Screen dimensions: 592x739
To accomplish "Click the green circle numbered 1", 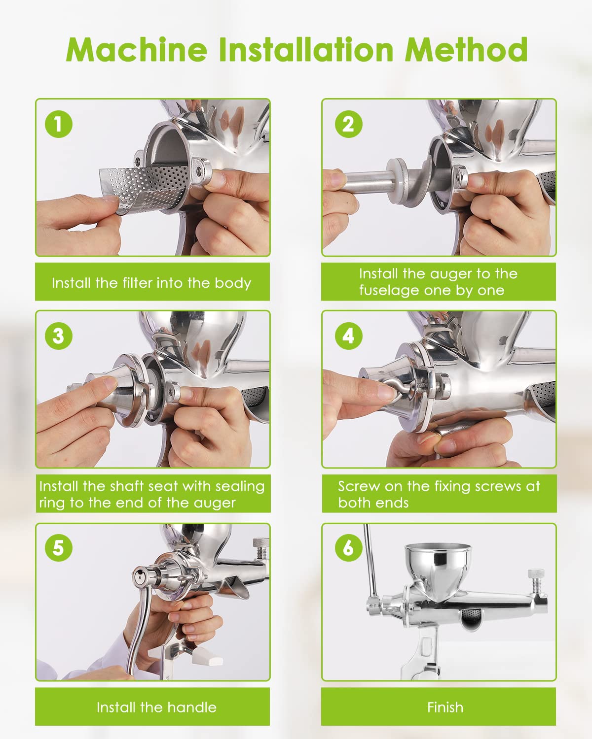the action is [59, 124].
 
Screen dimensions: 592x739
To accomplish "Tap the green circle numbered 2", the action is [348, 124].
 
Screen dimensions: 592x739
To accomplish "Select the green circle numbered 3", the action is [59, 336].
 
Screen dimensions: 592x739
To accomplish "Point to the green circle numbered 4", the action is [348, 336].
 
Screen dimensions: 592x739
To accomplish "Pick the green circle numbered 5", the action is [59, 547].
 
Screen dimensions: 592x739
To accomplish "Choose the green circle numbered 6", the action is [348, 547].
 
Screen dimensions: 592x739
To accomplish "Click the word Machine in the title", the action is [137, 50].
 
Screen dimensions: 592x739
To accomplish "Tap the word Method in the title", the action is [466, 50].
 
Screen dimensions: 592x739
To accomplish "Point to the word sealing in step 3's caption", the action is [240, 487].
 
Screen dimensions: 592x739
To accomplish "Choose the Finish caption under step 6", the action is [445, 707].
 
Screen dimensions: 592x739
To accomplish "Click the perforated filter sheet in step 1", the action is [145, 188].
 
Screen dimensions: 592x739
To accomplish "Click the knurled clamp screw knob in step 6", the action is [536, 574].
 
